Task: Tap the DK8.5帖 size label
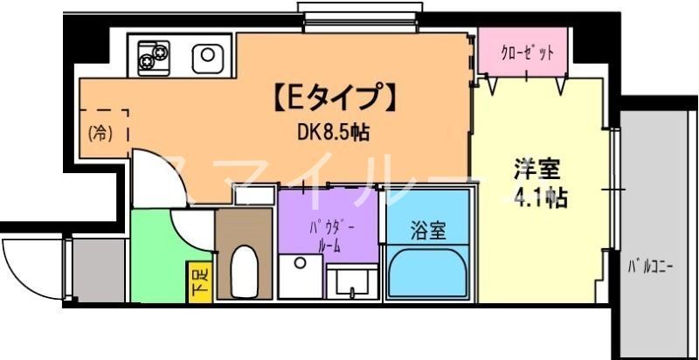333,132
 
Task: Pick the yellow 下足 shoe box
200,281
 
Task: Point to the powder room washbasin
356,280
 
